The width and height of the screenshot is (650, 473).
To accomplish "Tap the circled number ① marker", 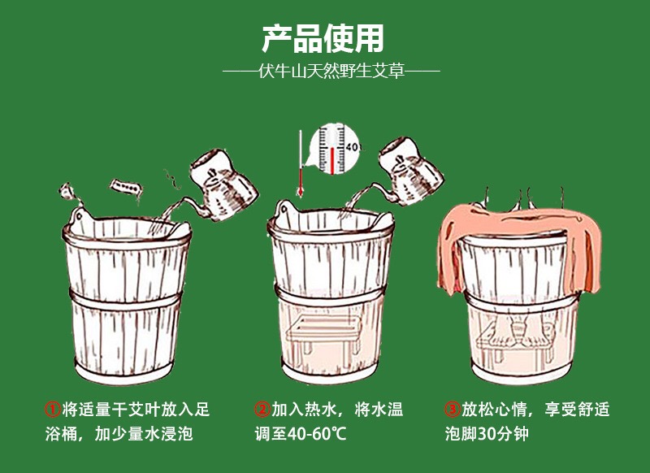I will pyautogui.click(x=53, y=408).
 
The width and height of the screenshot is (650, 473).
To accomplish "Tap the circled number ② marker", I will pyautogui.click(x=262, y=408).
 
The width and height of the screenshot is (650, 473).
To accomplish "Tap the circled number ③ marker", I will pyautogui.click(x=452, y=408).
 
